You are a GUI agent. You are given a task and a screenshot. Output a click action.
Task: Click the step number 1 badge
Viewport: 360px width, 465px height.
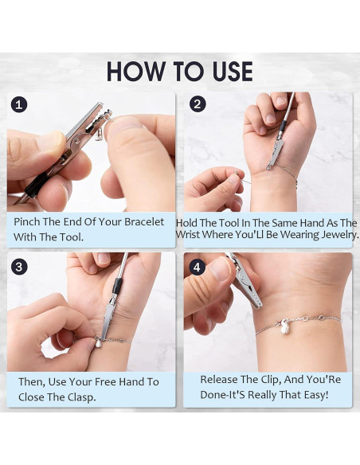click(19, 104)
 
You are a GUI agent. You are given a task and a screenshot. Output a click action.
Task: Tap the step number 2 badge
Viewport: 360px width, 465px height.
click(198, 104)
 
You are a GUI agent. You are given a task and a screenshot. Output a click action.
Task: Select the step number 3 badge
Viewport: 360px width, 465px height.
click(19, 265)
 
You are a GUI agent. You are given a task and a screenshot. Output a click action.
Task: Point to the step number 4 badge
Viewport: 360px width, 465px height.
click(198, 265)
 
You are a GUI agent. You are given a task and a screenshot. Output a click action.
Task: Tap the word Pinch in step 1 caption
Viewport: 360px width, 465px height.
click(29, 221)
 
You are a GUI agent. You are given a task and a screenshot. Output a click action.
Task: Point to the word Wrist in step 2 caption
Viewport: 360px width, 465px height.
click(194, 236)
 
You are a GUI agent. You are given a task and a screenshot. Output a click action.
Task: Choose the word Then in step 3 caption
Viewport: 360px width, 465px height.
click(33, 382)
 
